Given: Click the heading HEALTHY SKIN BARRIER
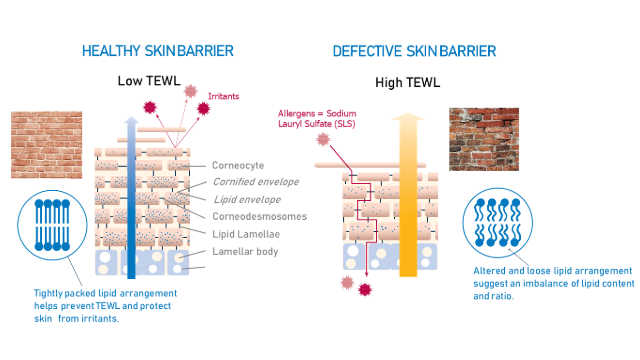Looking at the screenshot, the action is click(x=158, y=51).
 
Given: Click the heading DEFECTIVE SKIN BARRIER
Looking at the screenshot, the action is click(x=414, y=51).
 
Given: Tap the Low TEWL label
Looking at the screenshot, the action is click(x=149, y=81).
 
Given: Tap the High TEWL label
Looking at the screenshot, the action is click(x=407, y=82).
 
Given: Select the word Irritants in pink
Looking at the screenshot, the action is click(x=223, y=96).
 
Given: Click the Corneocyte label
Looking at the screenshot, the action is click(x=238, y=165).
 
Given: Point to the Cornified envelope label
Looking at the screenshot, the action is click(x=256, y=182).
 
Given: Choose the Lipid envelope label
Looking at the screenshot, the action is click(x=247, y=199).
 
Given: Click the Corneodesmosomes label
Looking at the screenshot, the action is click(x=260, y=216).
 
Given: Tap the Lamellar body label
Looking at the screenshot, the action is click(x=245, y=251).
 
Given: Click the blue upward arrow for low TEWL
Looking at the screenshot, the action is click(x=131, y=198).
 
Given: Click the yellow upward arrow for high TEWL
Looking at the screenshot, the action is click(x=408, y=195).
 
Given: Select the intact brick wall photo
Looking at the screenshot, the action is click(x=47, y=144).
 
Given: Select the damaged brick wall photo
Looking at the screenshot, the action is click(x=484, y=139).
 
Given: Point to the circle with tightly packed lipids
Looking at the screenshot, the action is click(x=52, y=225).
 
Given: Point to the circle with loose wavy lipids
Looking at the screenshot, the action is click(x=498, y=222).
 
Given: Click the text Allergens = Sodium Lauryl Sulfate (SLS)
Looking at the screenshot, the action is click(x=317, y=118).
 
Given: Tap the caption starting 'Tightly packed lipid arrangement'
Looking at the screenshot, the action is click(x=105, y=306).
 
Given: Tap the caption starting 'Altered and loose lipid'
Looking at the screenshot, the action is click(x=554, y=283).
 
